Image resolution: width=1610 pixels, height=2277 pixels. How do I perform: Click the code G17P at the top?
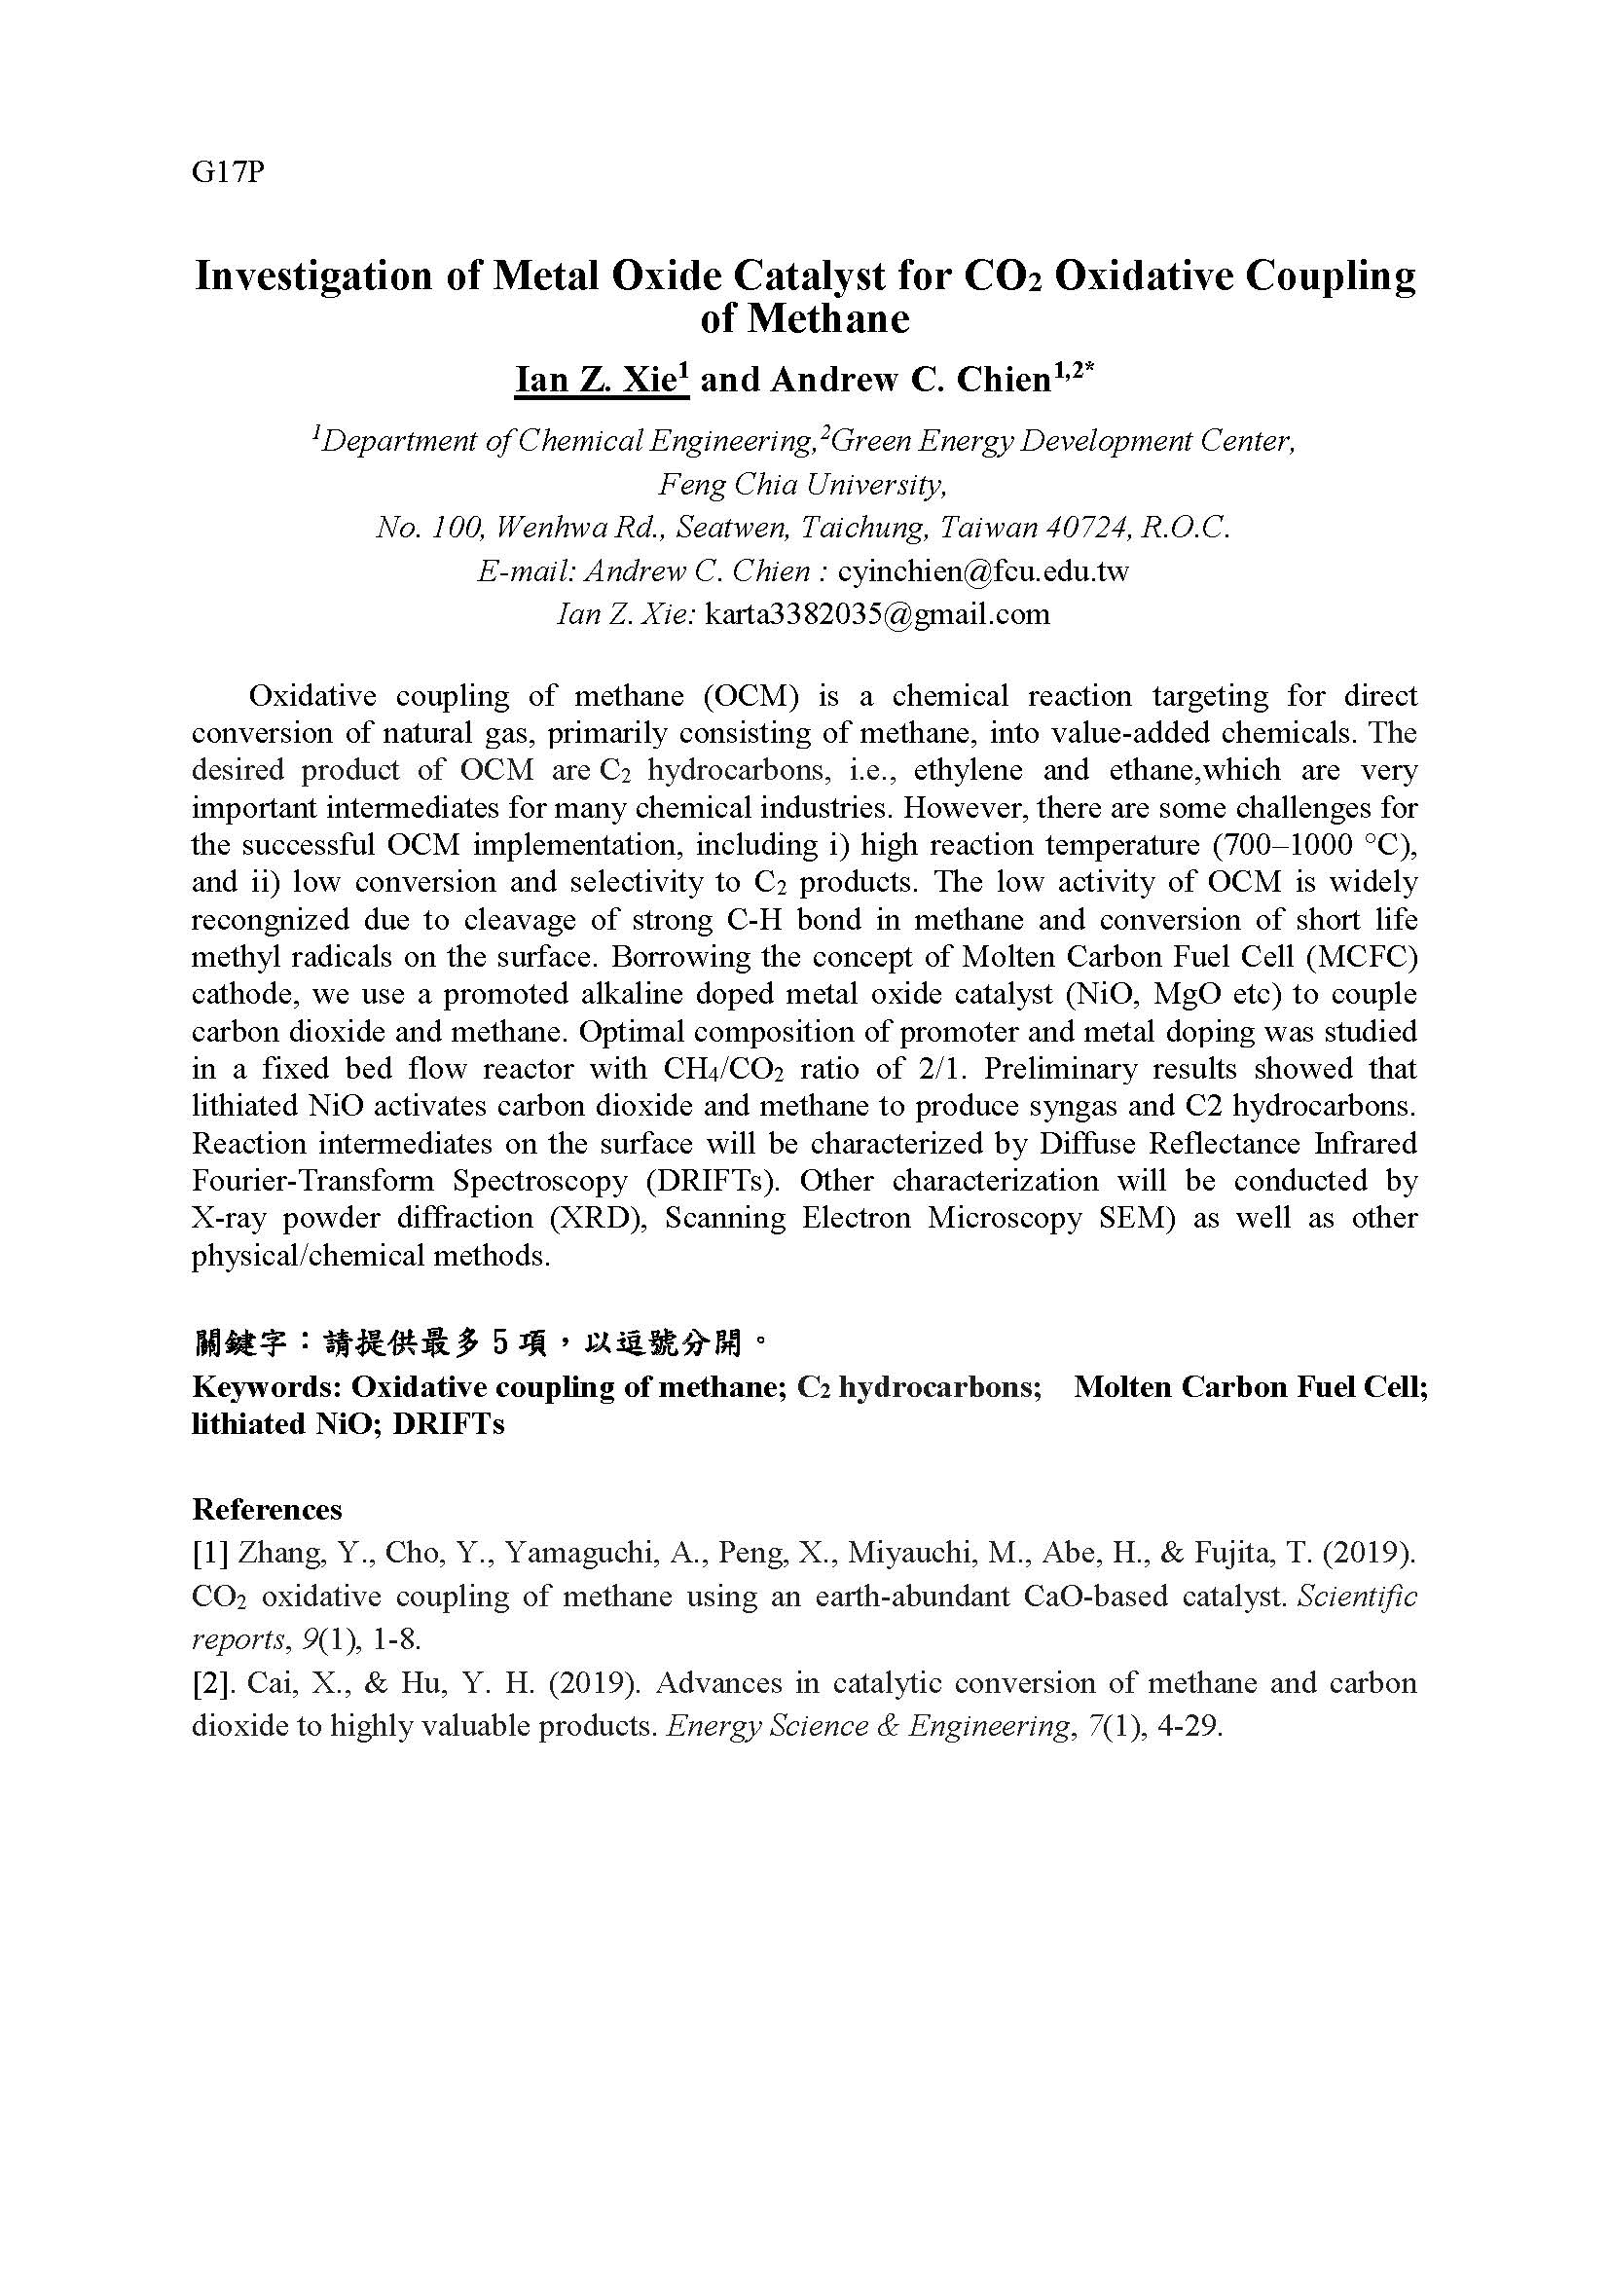click(x=228, y=171)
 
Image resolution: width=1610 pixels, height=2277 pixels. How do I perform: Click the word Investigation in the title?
click(x=311, y=275)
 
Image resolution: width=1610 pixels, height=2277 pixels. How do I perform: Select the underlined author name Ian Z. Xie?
click(x=601, y=379)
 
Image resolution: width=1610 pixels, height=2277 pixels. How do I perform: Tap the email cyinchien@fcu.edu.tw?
click(x=983, y=571)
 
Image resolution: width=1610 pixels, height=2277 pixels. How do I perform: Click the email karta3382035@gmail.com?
click(x=876, y=614)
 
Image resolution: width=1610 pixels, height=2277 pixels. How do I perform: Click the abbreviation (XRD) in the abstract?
click(x=596, y=1218)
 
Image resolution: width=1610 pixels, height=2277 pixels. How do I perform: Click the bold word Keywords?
click(x=266, y=1386)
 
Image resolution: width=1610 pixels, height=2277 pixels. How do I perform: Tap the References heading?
click(x=267, y=1510)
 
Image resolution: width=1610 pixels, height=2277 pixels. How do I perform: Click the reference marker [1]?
click(x=210, y=1553)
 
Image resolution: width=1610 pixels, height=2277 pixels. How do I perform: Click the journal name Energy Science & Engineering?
click(x=869, y=1727)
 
